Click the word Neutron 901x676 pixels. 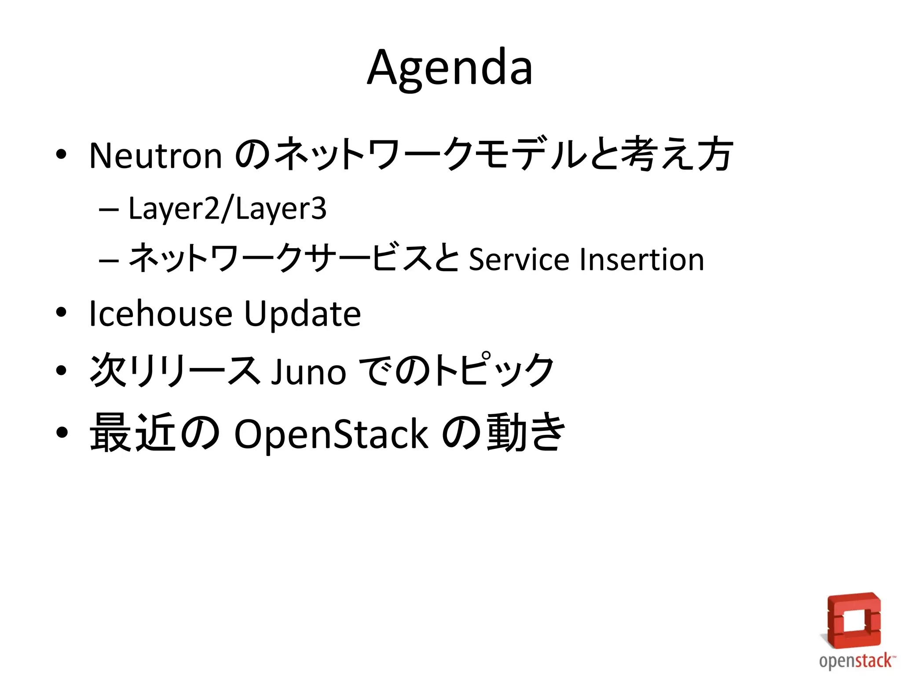click(155, 156)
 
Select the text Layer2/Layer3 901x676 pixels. click(227, 209)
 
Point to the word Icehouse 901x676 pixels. click(161, 314)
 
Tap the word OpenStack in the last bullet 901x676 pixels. click(331, 434)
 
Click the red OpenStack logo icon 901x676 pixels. click(853, 621)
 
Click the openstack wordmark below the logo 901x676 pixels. click(856, 661)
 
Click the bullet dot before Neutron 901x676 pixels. click(61, 154)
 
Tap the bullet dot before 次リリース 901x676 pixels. click(61, 371)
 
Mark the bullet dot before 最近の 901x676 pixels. click(62, 432)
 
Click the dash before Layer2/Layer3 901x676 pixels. click(109, 209)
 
